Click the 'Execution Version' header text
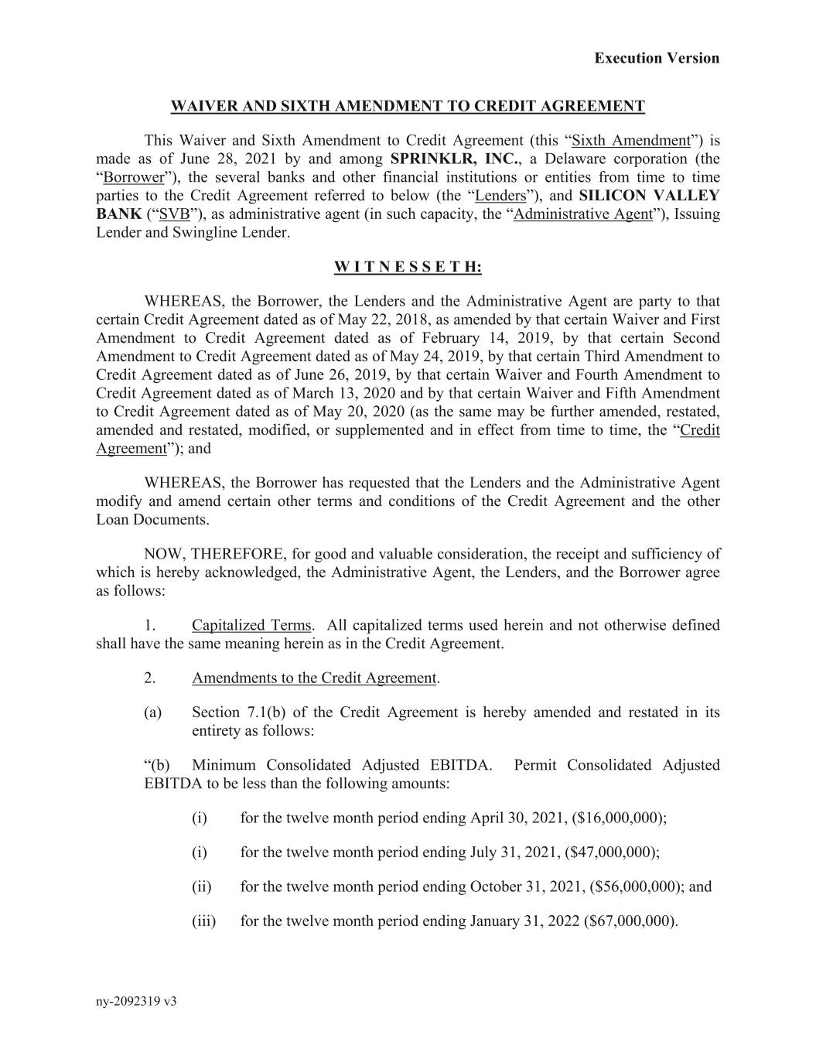(x=657, y=58)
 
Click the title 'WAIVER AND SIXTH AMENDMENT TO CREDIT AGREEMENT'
(x=408, y=107)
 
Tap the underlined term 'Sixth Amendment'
(x=630, y=141)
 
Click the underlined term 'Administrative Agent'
(x=582, y=215)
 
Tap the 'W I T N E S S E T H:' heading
(x=408, y=268)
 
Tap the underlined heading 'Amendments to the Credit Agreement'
(x=314, y=678)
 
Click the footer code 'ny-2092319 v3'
(x=136, y=1002)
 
